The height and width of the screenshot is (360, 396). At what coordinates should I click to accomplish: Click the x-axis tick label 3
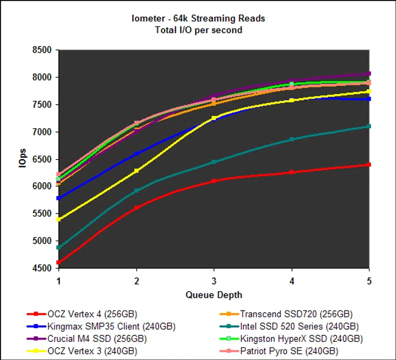click(213, 281)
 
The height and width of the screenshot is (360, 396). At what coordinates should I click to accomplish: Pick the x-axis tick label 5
click(369, 281)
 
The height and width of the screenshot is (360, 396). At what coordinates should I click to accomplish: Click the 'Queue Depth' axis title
click(213, 294)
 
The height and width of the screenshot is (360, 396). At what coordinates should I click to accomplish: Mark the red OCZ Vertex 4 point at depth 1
click(59, 263)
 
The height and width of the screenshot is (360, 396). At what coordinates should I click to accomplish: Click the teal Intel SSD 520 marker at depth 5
click(369, 127)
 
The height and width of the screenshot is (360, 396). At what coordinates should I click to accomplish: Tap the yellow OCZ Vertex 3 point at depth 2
click(136, 171)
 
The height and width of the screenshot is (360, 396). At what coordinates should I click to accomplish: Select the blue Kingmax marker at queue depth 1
click(59, 198)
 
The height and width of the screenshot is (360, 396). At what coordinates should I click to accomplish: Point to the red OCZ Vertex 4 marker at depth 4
click(291, 172)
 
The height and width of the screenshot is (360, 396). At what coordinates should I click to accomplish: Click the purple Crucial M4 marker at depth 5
click(369, 73)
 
